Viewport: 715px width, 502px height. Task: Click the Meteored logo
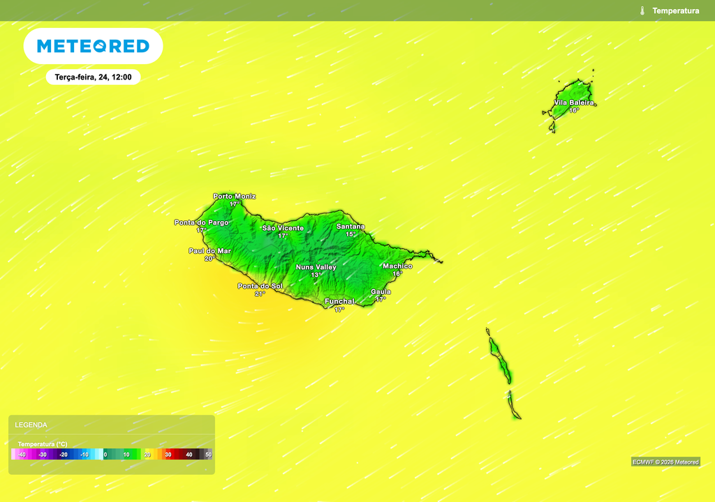click(93, 47)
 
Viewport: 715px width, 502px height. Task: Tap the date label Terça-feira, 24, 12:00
click(94, 77)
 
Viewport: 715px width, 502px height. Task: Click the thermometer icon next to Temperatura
click(642, 10)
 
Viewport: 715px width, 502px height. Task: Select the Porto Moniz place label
click(235, 197)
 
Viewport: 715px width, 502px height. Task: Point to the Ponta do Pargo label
click(201, 222)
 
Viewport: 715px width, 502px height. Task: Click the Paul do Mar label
click(209, 251)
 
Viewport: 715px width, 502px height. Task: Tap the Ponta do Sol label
click(260, 287)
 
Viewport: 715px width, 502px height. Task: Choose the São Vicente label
click(283, 228)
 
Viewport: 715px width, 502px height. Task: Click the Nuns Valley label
click(316, 267)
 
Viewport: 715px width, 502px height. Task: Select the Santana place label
click(351, 227)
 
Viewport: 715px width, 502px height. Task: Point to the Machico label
click(397, 266)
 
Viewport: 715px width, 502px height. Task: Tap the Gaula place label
click(381, 292)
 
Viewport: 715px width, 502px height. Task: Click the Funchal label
click(340, 301)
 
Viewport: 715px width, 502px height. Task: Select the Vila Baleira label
click(574, 102)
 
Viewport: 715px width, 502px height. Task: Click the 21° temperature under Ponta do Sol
click(260, 294)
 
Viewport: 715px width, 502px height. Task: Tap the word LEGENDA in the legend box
click(31, 425)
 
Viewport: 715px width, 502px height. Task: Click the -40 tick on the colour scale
click(22, 455)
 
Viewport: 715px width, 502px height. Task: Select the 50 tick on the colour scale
click(208, 455)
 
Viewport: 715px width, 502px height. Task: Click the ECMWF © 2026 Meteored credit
click(665, 462)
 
